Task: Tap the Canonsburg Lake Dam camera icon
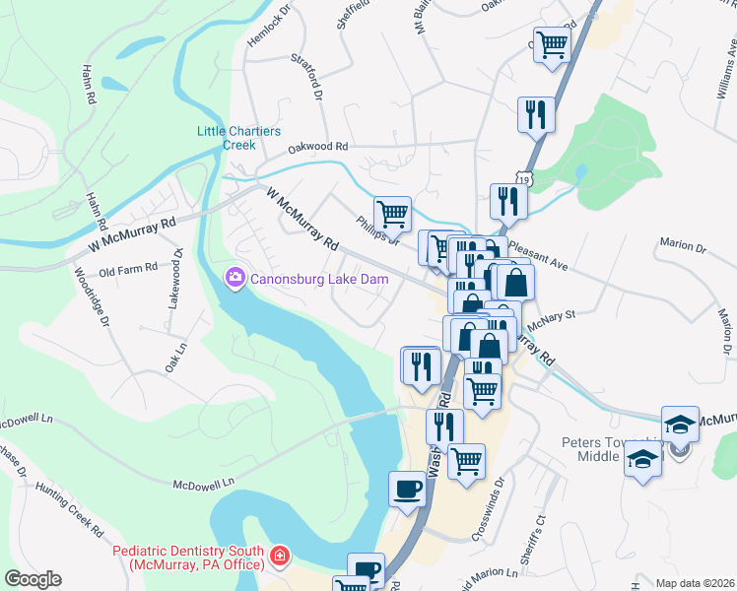(x=235, y=279)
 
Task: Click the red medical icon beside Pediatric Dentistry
(x=280, y=558)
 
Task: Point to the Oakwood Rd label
(x=318, y=147)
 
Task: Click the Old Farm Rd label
(x=128, y=268)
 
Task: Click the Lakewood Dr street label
(x=176, y=281)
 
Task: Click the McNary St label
(x=553, y=317)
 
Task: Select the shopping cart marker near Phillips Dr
(x=392, y=212)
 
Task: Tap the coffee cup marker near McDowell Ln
(x=407, y=490)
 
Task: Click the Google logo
(x=32, y=579)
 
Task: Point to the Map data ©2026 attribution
(x=694, y=583)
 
